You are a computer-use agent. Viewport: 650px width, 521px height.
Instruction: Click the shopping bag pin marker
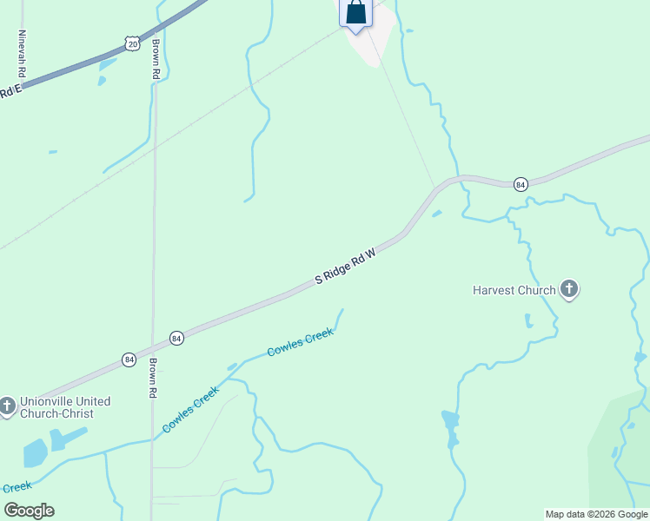point(355,12)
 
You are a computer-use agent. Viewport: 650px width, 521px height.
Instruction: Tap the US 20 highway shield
point(131,43)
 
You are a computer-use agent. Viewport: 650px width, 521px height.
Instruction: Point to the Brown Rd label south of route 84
point(152,374)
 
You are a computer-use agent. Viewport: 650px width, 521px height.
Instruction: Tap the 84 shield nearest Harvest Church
point(521,184)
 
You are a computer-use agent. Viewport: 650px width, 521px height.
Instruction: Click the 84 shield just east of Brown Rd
point(176,338)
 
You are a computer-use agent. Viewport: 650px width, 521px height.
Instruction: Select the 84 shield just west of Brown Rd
point(129,359)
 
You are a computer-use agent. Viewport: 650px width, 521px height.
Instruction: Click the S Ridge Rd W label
point(345,267)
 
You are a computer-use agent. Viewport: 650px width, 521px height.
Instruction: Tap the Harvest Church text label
point(514,290)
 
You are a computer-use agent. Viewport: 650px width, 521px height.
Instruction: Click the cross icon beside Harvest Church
point(569,289)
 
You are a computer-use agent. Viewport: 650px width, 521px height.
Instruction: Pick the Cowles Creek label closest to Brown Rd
point(190,411)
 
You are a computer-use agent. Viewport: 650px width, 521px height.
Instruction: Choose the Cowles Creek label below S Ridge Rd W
point(300,342)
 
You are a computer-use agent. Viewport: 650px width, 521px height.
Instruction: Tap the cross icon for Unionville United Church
point(7,406)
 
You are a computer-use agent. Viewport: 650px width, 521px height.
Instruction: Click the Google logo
point(29,511)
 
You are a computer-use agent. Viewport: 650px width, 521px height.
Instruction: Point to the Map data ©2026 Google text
point(596,514)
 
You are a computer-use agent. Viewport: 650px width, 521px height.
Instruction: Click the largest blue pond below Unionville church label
point(36,452)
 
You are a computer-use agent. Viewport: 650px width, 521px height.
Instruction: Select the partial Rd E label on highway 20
point(10,91)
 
